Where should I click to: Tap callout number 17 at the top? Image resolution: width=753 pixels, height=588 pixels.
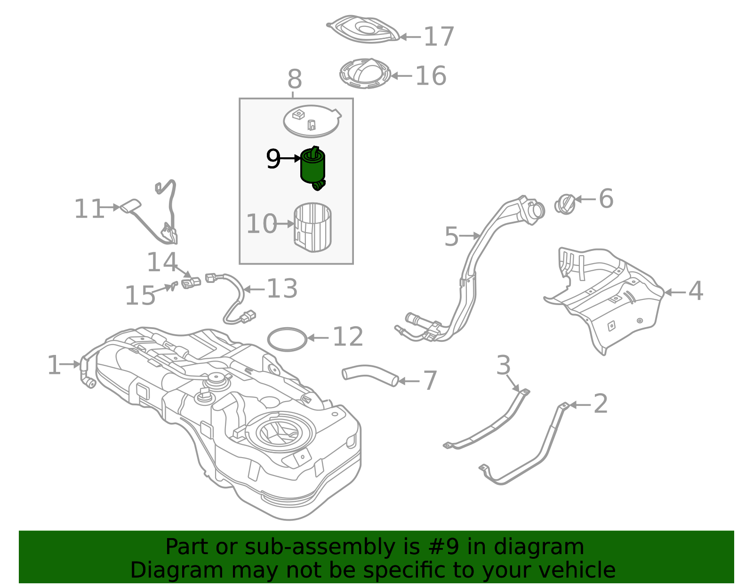click(x=439, y=37)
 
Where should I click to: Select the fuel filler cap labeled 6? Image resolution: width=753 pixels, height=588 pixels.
click(x=565, y=204)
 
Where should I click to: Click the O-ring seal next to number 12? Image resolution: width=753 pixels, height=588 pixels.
click(x=287, y=339)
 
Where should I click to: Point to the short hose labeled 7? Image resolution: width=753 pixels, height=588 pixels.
click(x=370, y=375)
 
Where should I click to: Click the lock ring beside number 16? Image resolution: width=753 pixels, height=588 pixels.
click(x=365, y=74)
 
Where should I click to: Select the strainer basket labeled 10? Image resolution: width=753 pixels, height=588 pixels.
click(x=312, y=227)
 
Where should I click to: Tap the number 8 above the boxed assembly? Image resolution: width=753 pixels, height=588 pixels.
click(x=295, y=80)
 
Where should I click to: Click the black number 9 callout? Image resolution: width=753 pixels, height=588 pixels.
click(x=273, y=160)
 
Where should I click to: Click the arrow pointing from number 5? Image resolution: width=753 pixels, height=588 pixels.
click(x=469, y=235)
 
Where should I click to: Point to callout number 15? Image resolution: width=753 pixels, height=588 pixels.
click(x=140, y=296)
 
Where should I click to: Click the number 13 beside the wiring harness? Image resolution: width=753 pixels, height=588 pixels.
click(x=282, y=289)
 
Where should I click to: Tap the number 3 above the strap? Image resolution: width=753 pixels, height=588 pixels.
click(x=503, y=365)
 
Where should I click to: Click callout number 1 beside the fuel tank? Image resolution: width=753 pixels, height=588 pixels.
click(x=54, y=365)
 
